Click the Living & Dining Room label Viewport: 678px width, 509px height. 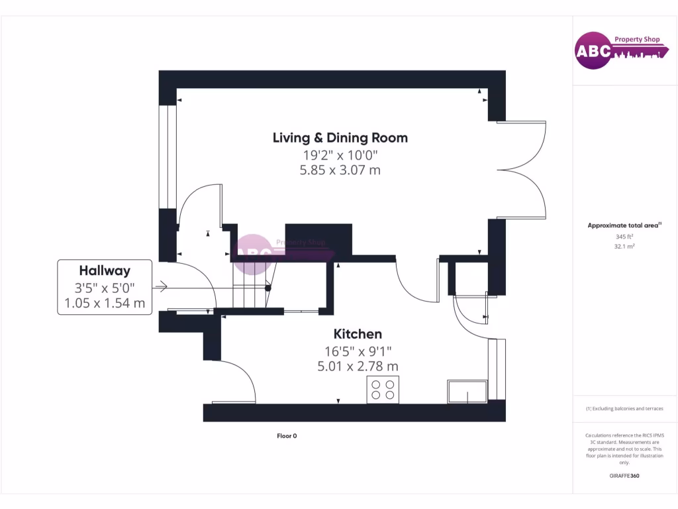(x=340, y=138)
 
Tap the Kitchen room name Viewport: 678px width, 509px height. (x=358, y=334)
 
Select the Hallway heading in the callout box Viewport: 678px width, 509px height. (x=105, y=270)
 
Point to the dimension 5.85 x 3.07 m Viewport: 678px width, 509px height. (x=340, y=170)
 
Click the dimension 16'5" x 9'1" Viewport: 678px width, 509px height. (x=358, y=351)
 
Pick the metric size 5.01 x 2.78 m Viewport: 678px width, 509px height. (x=358, y=366)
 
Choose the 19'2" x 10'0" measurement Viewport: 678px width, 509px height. (x=340, y=155)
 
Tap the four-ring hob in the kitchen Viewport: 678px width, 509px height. (x=383, y=390)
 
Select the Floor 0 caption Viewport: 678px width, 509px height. (x=287, y=436)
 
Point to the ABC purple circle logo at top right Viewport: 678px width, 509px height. (x=593, y=52)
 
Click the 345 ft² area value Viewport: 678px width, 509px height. (x=624, y=236)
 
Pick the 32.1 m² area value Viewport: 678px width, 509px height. (x=624, y=246)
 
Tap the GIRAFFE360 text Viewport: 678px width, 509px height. (x=624, y=475)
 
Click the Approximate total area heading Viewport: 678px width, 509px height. (x=623, y=225)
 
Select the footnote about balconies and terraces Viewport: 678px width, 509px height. (x=624, y=408)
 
